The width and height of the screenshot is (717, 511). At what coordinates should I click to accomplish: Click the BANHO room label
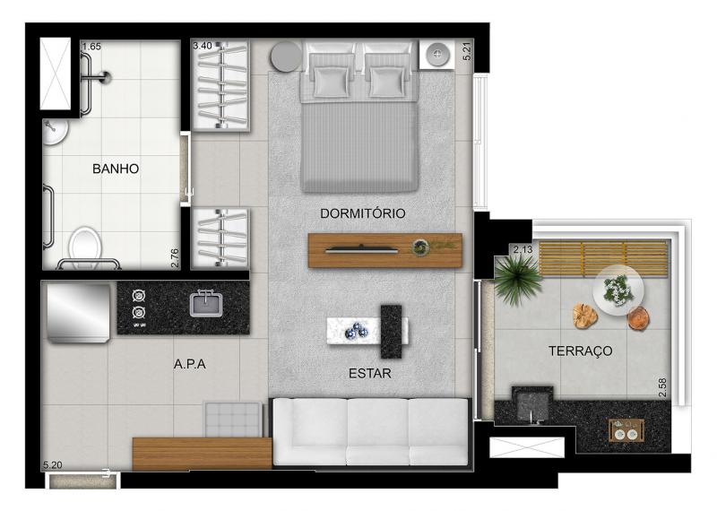pos(116,169)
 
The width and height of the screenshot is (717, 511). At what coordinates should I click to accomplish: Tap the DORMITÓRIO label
pos(363,213)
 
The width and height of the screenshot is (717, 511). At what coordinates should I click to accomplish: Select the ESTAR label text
pos(370,373)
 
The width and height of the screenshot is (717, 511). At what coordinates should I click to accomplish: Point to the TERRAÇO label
pos(580,351)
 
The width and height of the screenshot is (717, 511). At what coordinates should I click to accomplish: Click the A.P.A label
pos(189,364)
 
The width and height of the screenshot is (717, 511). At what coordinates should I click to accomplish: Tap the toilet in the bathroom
pos(85,244)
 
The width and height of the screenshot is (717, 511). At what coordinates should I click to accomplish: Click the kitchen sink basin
pos(206,304)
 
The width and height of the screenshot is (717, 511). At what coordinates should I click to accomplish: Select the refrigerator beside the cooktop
pos(78,313)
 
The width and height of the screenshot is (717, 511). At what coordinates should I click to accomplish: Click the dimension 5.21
pos(467,51)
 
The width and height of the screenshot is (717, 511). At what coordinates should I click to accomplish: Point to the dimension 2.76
pos(174,258)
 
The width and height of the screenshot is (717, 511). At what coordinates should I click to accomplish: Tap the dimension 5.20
pos(53,465)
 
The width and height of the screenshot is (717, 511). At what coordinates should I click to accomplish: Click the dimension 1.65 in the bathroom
pos(91,47)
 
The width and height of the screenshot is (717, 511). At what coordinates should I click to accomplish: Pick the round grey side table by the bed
pos(286,57)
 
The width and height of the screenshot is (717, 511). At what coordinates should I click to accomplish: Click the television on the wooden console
pos(361,249)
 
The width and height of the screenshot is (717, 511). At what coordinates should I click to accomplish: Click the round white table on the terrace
pos(618,290)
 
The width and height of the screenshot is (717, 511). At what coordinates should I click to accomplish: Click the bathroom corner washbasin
pos(55,131)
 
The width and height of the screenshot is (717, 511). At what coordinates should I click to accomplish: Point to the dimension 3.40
pos(203,46)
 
